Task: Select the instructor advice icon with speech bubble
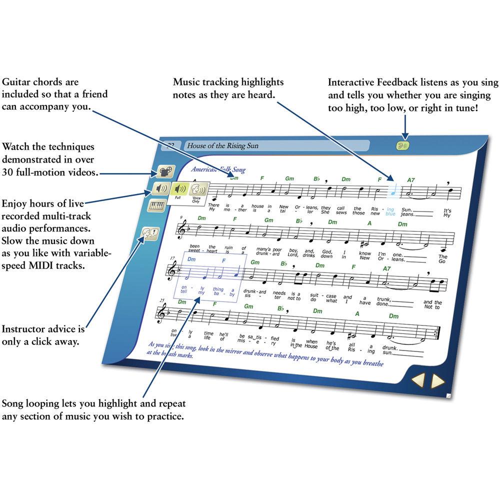coord(150,233)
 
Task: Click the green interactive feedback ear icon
coord(403,145)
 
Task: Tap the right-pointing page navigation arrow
coord(438,381)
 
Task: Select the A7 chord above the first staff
coord(411,180)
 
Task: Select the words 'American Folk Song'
coord(218,170)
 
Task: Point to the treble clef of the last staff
coord(162,314)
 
